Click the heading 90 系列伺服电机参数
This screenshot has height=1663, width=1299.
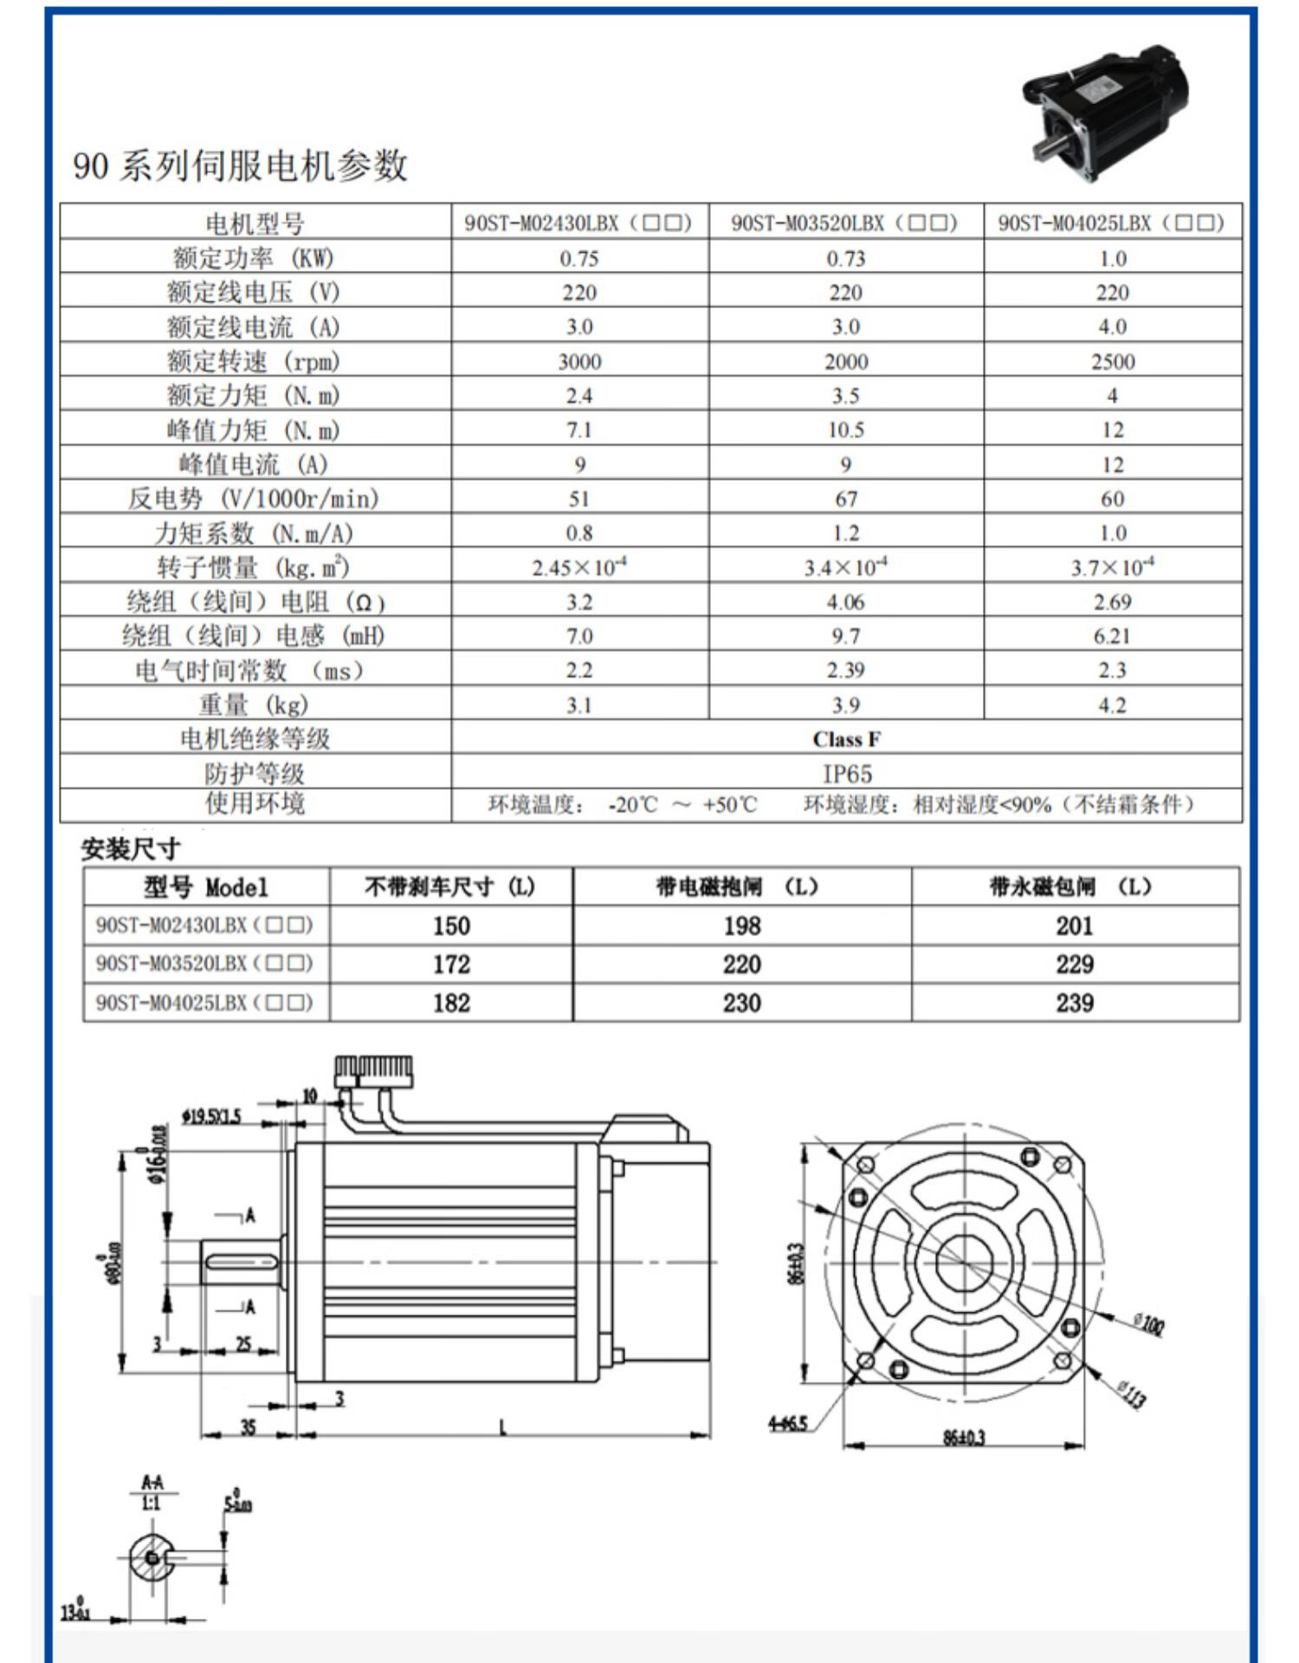pyautogui.click(x=240, y=165)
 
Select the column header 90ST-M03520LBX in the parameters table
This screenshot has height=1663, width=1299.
pyautogui.click(x=844, y=223)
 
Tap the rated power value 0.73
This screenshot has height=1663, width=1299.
pyautogui.click(x=845, y=258)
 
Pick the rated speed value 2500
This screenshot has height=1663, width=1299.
pyautogui.click(x=1112, y=361)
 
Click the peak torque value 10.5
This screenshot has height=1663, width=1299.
pyautogui.click(x=845, y=430)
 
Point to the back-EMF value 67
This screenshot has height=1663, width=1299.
pyautogui.click(x=845, y=499)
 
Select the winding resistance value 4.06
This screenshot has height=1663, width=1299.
pyautogui.click(x=845, y=602)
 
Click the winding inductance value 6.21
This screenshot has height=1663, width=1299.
pyautogui.click(x=1112, y=637)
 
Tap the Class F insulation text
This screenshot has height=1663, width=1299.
pyautogui.click(x=846, y=739)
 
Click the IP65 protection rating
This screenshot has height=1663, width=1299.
pyautogui.click(x=846, y=773)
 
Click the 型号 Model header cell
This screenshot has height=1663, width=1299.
pyautogui.click(x=206, y=887)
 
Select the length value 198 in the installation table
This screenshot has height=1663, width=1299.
pyautogui.click(x=741, y=926)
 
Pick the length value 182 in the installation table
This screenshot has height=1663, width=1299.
pyautogui.click(x=451, y=1003)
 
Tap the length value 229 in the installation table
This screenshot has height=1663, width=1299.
pyautogui.click(x=1074, y=964)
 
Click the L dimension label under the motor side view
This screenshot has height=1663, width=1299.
pyautogui.click(x=502, y=1427)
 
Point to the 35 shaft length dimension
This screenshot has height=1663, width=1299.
pyautogui.click(x=248, y=1427)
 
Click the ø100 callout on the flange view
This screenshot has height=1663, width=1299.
pyautogui.click(x=1148, y=1323)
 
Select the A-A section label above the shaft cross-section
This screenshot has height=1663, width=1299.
pyautogui.click(x=152, y=1482)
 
